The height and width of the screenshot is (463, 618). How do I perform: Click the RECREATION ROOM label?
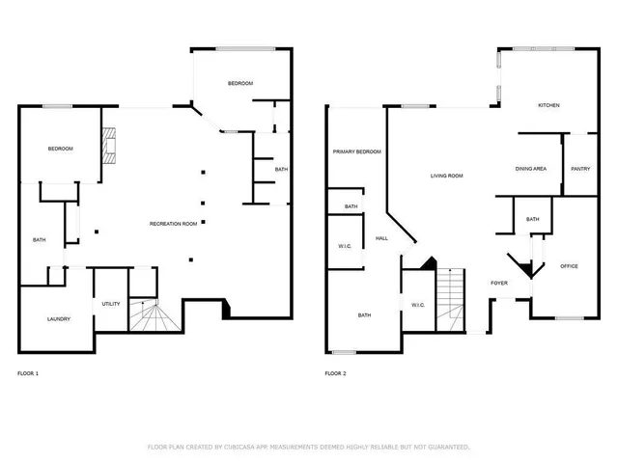(174, 224)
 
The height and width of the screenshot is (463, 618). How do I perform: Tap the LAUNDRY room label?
(59, 318)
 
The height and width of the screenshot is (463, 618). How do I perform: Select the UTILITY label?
(111, 304)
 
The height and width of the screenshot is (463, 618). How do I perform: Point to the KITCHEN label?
(548, 105)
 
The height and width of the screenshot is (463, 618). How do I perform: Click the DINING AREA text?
(531, 169)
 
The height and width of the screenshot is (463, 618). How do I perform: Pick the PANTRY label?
(580, 169)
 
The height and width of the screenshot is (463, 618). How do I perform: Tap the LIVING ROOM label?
(447, 176)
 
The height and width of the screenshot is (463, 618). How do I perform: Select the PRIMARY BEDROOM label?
(356, 152)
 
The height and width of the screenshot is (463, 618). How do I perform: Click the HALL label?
(381, 237)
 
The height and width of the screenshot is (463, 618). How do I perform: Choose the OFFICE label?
(570, 266)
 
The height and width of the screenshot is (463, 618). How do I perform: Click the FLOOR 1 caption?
(29, 372)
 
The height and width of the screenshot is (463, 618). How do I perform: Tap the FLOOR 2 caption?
(335, 372)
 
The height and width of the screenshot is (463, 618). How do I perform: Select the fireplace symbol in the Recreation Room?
(110, 146)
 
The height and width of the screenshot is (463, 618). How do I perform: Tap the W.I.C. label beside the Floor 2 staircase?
(418, 305)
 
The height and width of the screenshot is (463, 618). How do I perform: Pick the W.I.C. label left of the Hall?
(345, 247)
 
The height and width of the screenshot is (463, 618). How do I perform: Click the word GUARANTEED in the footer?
(446, 447)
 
